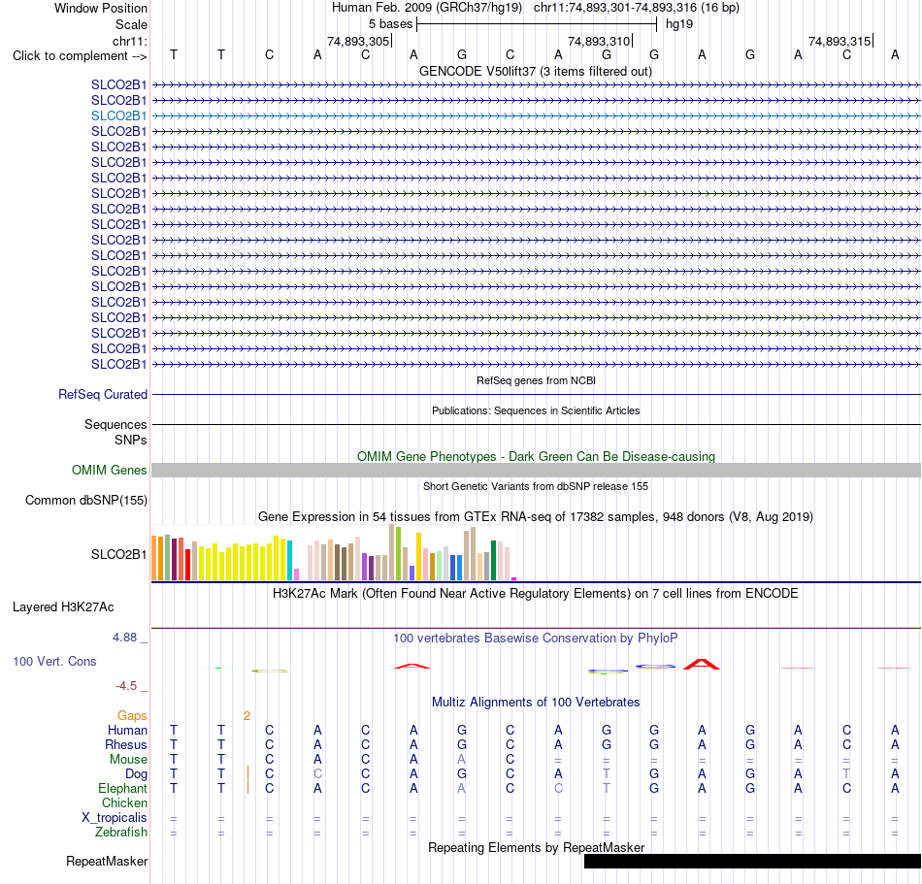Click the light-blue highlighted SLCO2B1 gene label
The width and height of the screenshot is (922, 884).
pyautogui.click(x=118, y=115)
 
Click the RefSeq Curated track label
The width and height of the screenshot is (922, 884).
pyautogui.click(x=103, y=394)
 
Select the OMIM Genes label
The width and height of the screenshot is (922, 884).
pyautogui.click(x=110, y=471)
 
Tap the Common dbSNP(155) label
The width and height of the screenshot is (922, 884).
pyautogui.click(x=86, y=500)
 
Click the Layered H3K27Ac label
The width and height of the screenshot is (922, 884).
pyautogui.click(x=63, y=607)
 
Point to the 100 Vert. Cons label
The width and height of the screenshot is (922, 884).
pyautogui.click(x=54, y=661)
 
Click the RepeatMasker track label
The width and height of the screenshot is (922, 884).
pyautogui.click(x=107, y=861)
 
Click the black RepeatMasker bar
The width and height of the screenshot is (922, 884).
pyautogui.click(x=753, y=861)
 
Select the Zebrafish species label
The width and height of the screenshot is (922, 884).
pyautogui.click(x=121, y=833)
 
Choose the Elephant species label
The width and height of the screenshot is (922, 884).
pyautogui.click(x=123, y=788)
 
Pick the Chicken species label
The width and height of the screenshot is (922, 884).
pyautogui.click(x=124, y=802)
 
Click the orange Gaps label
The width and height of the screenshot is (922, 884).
pyautogui.click(x=132, y=715)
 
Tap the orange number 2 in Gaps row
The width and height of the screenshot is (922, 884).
pyautogui.click(x=247, y=715)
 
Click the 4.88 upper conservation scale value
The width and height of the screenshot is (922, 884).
pyautogui.click(x=124, y=638)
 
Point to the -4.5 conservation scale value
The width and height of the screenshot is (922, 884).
pyautogui.click(x=126, y=686)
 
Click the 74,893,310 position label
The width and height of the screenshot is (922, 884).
pyautogui.click(x=599, y=41)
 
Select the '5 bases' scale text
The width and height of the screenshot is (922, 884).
pyautogui.click(x=391, y=24)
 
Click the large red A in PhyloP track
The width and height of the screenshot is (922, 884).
pyautogui.click(x=702, y=665)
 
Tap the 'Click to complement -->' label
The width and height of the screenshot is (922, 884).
pyautogui.click(x=80, y=56)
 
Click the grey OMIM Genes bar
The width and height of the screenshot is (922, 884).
pyautogui.click(x=537, y=471)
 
